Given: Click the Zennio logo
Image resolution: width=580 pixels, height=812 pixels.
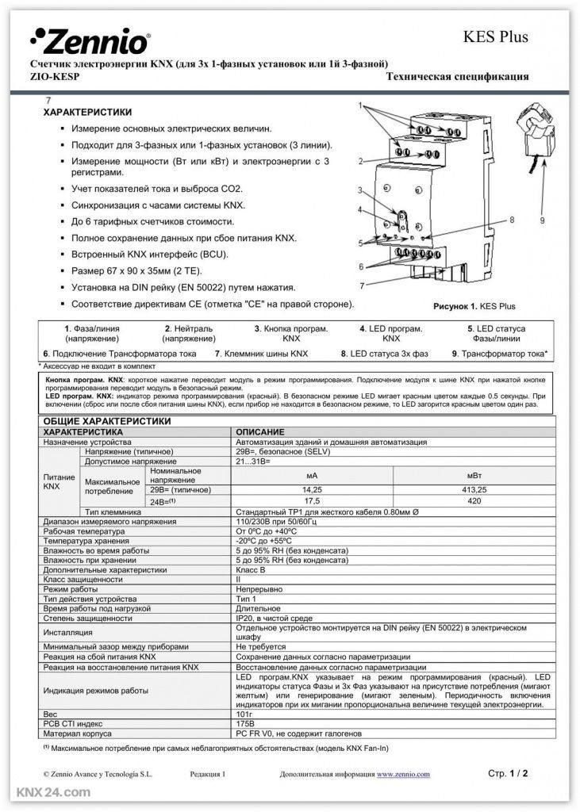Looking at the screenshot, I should [x=89, y=39].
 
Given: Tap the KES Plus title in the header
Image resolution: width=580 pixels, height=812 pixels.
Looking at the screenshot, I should [x=495, y=36].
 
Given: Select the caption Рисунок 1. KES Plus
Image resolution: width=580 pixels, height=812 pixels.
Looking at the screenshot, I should [x=474, y=306].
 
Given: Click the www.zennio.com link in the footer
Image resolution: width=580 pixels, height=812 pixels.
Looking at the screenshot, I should [x=403, y=774].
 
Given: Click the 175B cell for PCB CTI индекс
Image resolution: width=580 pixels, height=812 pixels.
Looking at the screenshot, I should [x=248, y=724].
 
